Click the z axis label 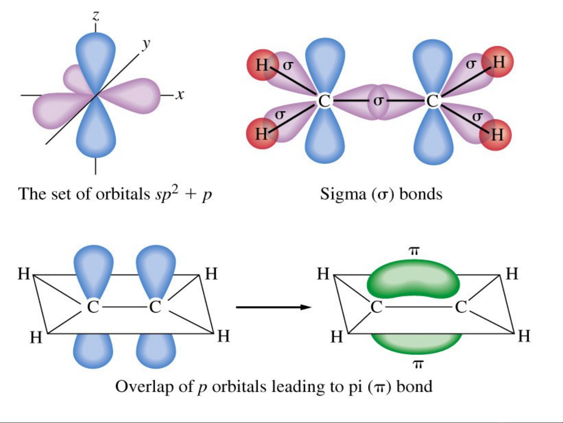tap(96, 16)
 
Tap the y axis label tap(147, 44)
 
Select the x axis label tap(179, 95)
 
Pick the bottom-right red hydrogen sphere tap(495, 135)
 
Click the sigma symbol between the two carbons tap(378, 101)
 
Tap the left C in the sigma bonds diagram tap(324, 101)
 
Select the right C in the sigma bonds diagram tap(432, 101)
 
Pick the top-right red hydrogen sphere tap(497, 62)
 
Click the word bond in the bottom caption tap(414, 387)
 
